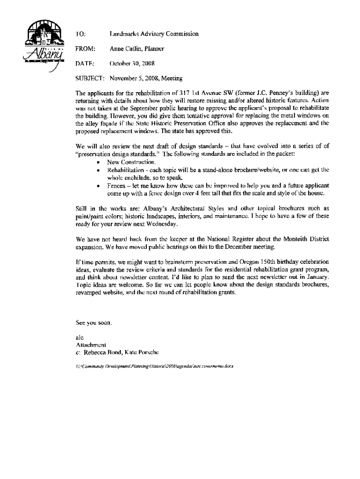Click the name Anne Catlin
[122, 49]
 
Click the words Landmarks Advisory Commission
[154, 34]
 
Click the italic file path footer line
[155, 367]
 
